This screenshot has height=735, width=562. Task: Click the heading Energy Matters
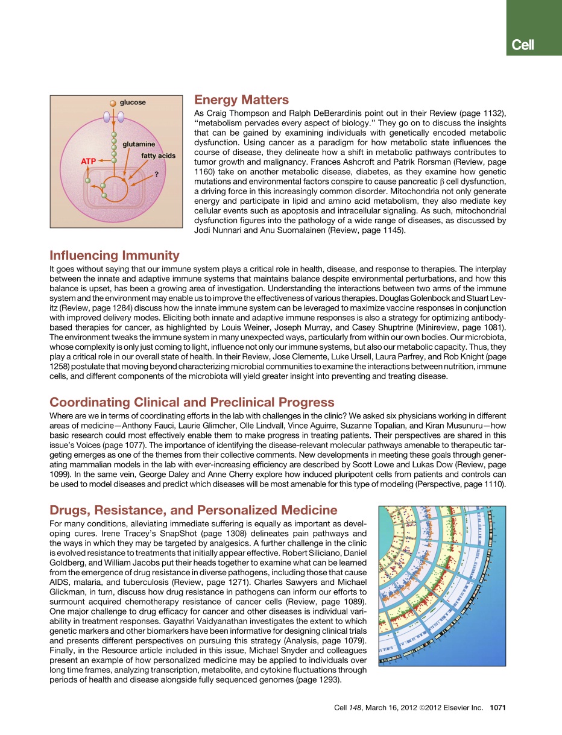[241, 100]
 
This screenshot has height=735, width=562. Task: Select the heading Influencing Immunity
[115, 255]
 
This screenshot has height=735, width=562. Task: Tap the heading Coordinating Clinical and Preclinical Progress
[192, 402]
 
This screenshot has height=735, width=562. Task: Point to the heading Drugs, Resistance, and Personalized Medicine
[194, 510]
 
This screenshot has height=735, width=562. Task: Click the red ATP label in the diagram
[89, 161]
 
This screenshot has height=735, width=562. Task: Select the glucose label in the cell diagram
[133, 103]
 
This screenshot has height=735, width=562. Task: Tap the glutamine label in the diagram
[139, 145]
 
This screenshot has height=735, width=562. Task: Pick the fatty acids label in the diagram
[159, 156]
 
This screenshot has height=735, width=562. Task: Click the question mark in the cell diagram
[157, 174]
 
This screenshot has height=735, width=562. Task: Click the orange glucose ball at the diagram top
[113, 103]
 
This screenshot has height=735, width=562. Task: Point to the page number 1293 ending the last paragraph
[326, 680]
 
